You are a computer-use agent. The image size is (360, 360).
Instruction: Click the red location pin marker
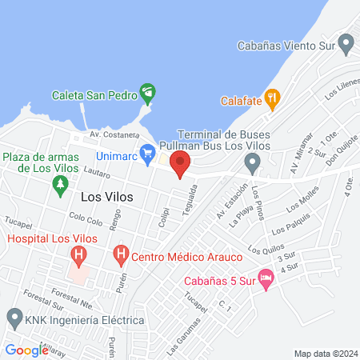tap(180, 166)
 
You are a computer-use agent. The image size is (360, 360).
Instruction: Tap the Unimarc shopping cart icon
tap(147, 152)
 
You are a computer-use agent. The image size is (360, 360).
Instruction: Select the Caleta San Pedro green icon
tap(147, 93)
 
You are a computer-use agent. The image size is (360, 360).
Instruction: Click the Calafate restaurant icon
tap(272, 100)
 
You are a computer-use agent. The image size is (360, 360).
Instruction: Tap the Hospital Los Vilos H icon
tap(78, 257)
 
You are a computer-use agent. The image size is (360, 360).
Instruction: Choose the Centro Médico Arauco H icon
tap(120, 256)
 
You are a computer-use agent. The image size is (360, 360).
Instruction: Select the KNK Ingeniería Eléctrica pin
tap(14, 318)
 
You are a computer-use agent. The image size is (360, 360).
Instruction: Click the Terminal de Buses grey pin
tap(253, 165)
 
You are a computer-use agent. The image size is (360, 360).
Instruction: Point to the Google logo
tap(26, 350)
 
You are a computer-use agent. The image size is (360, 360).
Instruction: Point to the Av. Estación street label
tap(231, 206)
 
